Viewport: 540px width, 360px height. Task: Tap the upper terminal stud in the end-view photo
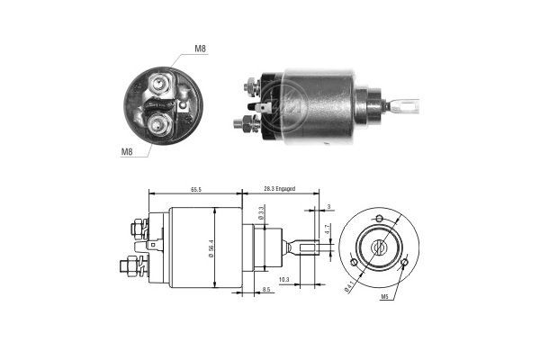[x=161, y=86]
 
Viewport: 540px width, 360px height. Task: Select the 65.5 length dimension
[x=195, y=190]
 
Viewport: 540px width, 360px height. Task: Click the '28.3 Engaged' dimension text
[x=279, y=190]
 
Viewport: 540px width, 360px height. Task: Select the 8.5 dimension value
[x=267, y=290]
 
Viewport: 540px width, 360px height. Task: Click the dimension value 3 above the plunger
[x=328, y=208]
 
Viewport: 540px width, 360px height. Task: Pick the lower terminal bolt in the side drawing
[x=130, y=267]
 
